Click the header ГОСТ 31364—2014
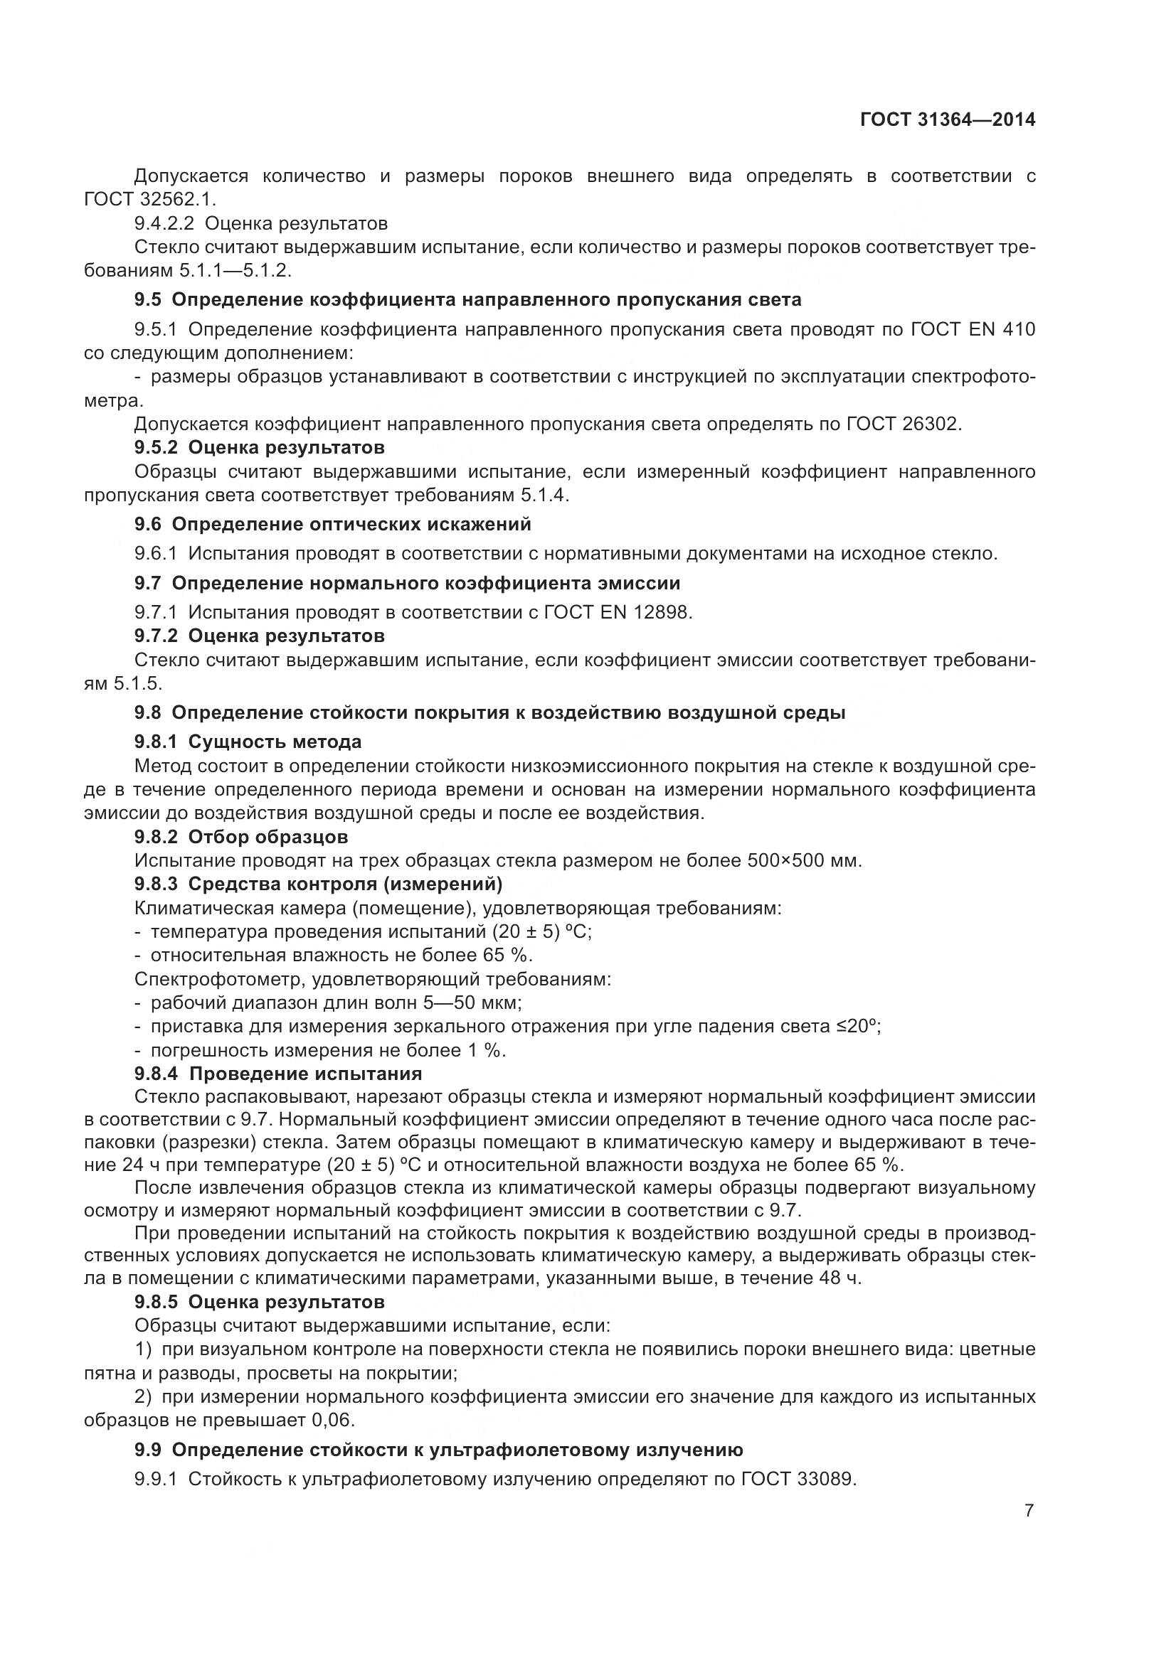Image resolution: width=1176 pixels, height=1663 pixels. (x=947, y=120)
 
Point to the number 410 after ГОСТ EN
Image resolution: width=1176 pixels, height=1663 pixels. (x=1019, y=330)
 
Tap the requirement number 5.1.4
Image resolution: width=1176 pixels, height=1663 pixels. (x=544, y=496)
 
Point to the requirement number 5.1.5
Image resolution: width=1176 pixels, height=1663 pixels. (x=138, y=683)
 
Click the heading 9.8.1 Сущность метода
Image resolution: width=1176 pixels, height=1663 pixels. (x=248, y=742)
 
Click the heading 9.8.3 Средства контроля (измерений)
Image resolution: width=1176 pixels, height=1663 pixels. (x=318, y=884)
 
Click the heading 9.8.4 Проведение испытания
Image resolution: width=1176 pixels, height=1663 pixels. (x=278, y=1074)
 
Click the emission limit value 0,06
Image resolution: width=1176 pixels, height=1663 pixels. (x=334, y=1421)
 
